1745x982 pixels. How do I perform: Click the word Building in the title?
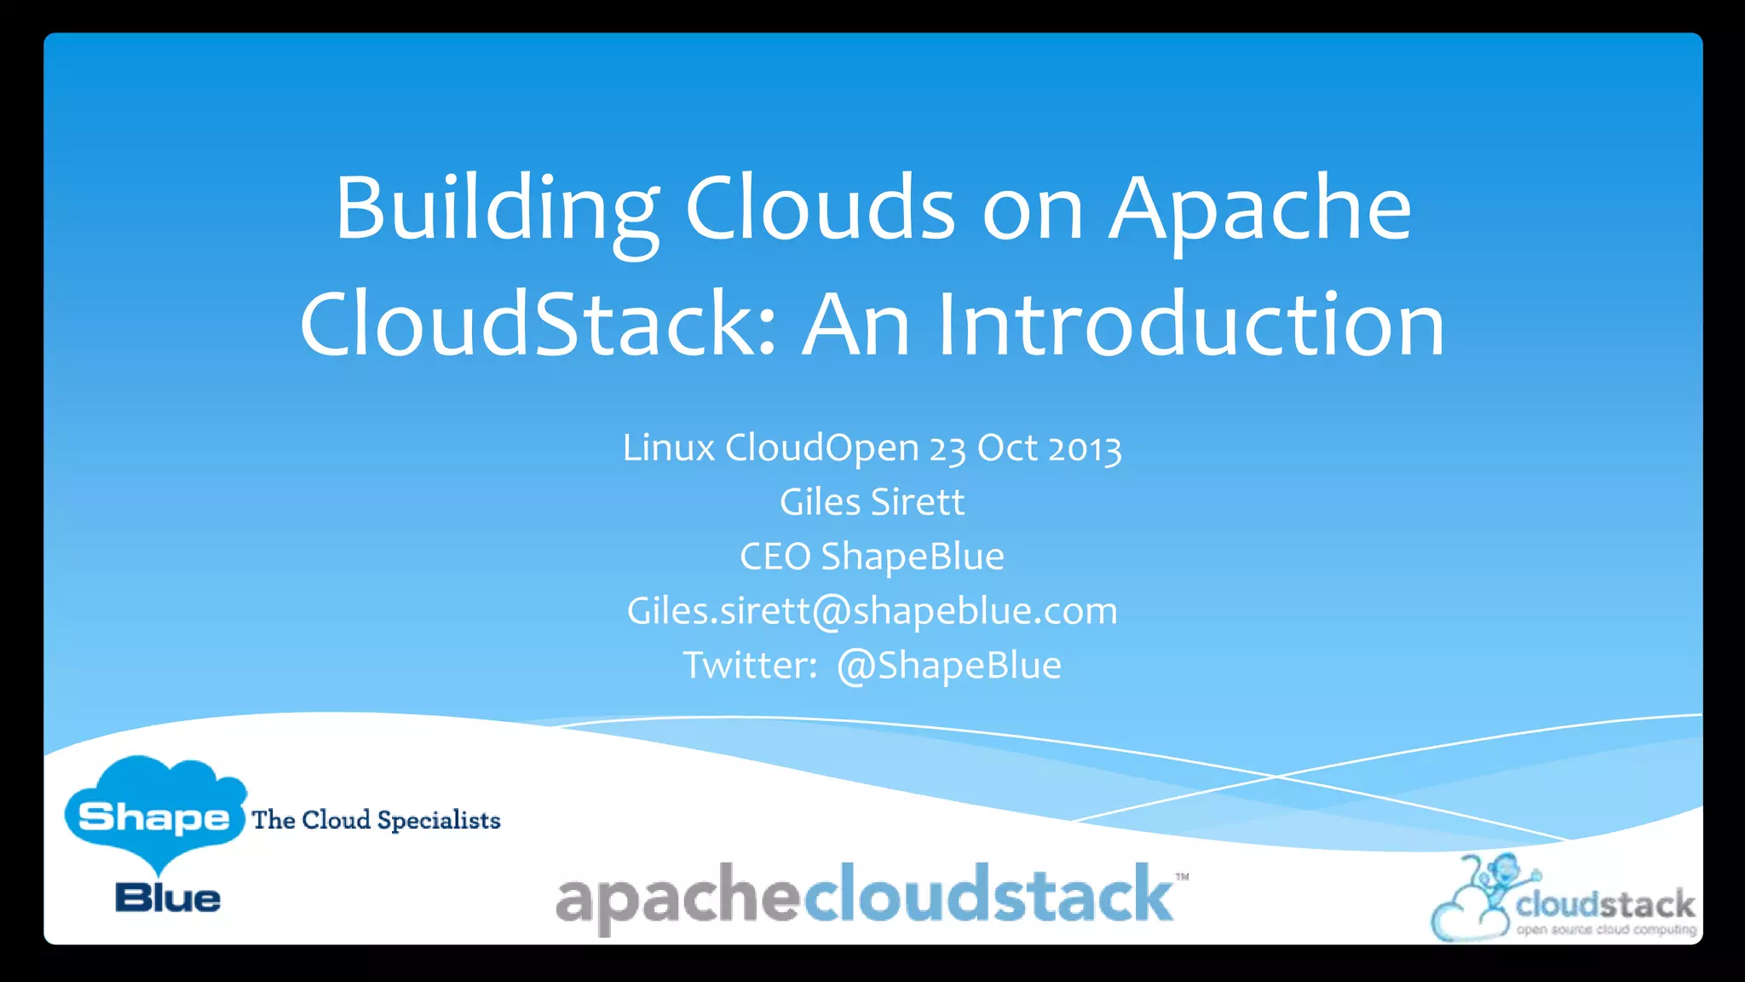(x=497, y=210)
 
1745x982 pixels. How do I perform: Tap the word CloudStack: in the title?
(x=538, y=325)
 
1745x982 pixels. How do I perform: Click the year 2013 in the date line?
(x=1085, y=448)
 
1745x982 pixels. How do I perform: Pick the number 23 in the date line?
(x=947, y=448)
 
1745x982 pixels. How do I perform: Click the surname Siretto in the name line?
(x=918, y=502)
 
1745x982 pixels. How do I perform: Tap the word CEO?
(x=775, y=557)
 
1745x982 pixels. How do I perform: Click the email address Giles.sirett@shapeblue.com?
(x=872, y=611)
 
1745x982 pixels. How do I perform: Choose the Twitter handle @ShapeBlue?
(x=948, y=666)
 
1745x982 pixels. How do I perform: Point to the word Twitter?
(x=750, y=666)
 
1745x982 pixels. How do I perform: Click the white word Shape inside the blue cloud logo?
(x=153, y=817)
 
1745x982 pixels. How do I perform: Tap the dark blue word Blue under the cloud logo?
(x=168, y=898)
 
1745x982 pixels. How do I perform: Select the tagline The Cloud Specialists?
(x=376, y=820)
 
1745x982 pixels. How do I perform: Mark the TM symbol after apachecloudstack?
(x=1182, y=877)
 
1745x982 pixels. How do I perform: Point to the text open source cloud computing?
(x=1605, y=929)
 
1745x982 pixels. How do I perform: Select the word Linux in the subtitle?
(x=668, y=448)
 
